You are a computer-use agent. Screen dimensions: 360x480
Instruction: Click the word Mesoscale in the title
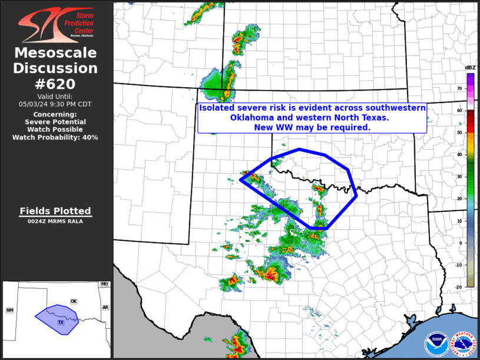[56, 53]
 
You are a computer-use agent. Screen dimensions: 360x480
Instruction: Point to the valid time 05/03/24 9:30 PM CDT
[56, 104]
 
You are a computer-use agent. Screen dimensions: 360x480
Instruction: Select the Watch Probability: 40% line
[56, 137]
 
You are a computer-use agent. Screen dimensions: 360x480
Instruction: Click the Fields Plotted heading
[55, 211]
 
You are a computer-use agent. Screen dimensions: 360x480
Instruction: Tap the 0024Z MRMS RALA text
[55, 222]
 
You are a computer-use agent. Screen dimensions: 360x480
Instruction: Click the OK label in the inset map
[74, 301]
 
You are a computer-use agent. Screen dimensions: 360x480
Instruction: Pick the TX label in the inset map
[60, 322]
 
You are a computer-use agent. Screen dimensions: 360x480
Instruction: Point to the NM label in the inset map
[10, 310]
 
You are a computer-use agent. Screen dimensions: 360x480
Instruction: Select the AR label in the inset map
[105, 307]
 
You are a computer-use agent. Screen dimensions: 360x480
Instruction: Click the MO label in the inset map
[104, 285]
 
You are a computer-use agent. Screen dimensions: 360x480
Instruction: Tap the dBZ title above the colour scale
[470, 68]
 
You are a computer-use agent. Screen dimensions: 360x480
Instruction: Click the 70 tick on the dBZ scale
[459, 88]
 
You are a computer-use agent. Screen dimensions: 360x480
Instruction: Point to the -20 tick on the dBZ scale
[458, 287]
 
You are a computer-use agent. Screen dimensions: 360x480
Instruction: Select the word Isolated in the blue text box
[217, 108]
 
